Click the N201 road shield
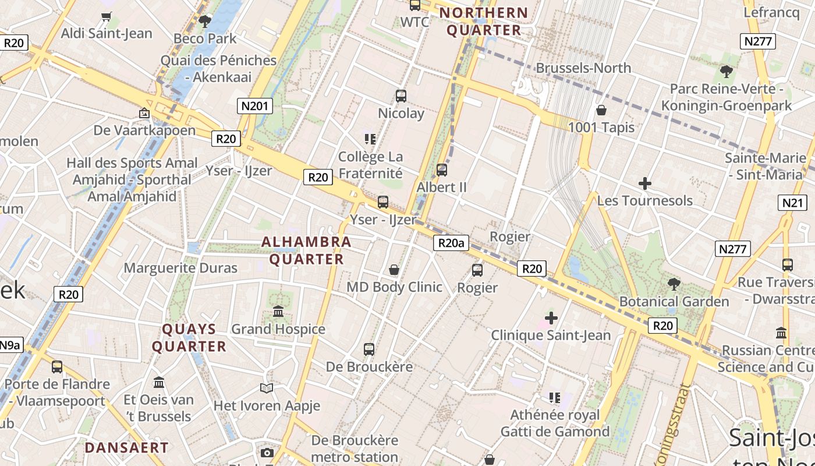click(x=255, y=106)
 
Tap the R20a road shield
click(x=451, y=243)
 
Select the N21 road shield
click(x=792, y=203)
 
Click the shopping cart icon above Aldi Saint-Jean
click(x=106, y=17)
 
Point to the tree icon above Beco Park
click(x=204, y=22)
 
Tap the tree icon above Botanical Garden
click(x=674, y=284)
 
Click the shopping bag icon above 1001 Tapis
click(x=601, y=110)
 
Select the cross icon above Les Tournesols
click(x=645, y=183)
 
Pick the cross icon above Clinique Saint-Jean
click(x=551, y=318)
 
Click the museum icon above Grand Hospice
click(x=278, y=312)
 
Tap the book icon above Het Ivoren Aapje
click(x=267, y=388)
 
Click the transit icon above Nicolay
click(x=401, y=96)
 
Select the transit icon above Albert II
click(x=442, y=170)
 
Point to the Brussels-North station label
click(x=583, y=68)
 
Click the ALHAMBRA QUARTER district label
click(x=306, y=250)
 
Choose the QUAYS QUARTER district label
click(x=189, y=338)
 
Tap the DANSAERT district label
click(x=126, y=448)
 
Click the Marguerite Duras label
click(x=180, y=268)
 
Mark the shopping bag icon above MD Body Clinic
click(x=394, y=270)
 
